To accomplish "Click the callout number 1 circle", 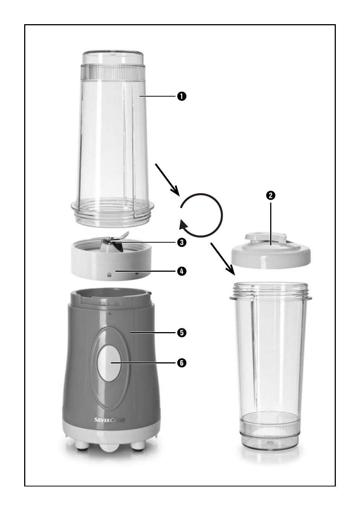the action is pos(182,96).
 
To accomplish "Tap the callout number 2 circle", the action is pos(271,195).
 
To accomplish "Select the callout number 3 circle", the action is pos(182,242).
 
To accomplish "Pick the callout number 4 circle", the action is pos(182,271).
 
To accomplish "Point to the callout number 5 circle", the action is pos(182,333).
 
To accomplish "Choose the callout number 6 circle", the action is pos(182,363).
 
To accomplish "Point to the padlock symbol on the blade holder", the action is pos(109,275).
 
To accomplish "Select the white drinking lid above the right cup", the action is pos(271,251).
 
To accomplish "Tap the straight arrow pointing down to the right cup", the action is pos(223,259).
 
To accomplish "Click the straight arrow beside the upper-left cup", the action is pos(168,180).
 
